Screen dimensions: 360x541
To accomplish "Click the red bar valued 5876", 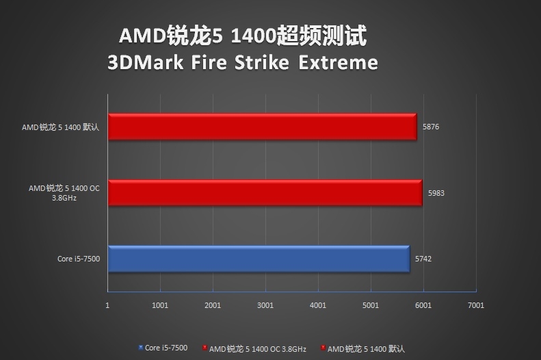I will (262, 127).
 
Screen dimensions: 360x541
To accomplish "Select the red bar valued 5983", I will (265, 193).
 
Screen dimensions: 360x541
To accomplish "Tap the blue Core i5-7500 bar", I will (259, 259).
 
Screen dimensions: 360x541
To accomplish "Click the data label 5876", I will (432, 127).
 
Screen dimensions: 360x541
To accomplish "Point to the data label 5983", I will (436, 193).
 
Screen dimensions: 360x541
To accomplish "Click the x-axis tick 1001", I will (160, 305).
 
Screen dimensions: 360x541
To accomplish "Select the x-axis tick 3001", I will (265, 305).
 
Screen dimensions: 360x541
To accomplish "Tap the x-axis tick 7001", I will (475, 305).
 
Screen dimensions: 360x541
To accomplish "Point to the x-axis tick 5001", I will (370, 305).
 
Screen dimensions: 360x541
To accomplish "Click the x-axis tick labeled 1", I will (108, 305).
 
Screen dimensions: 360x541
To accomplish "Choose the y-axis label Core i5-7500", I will (79, 259).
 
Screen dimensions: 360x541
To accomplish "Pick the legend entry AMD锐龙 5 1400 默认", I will (366, 348).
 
